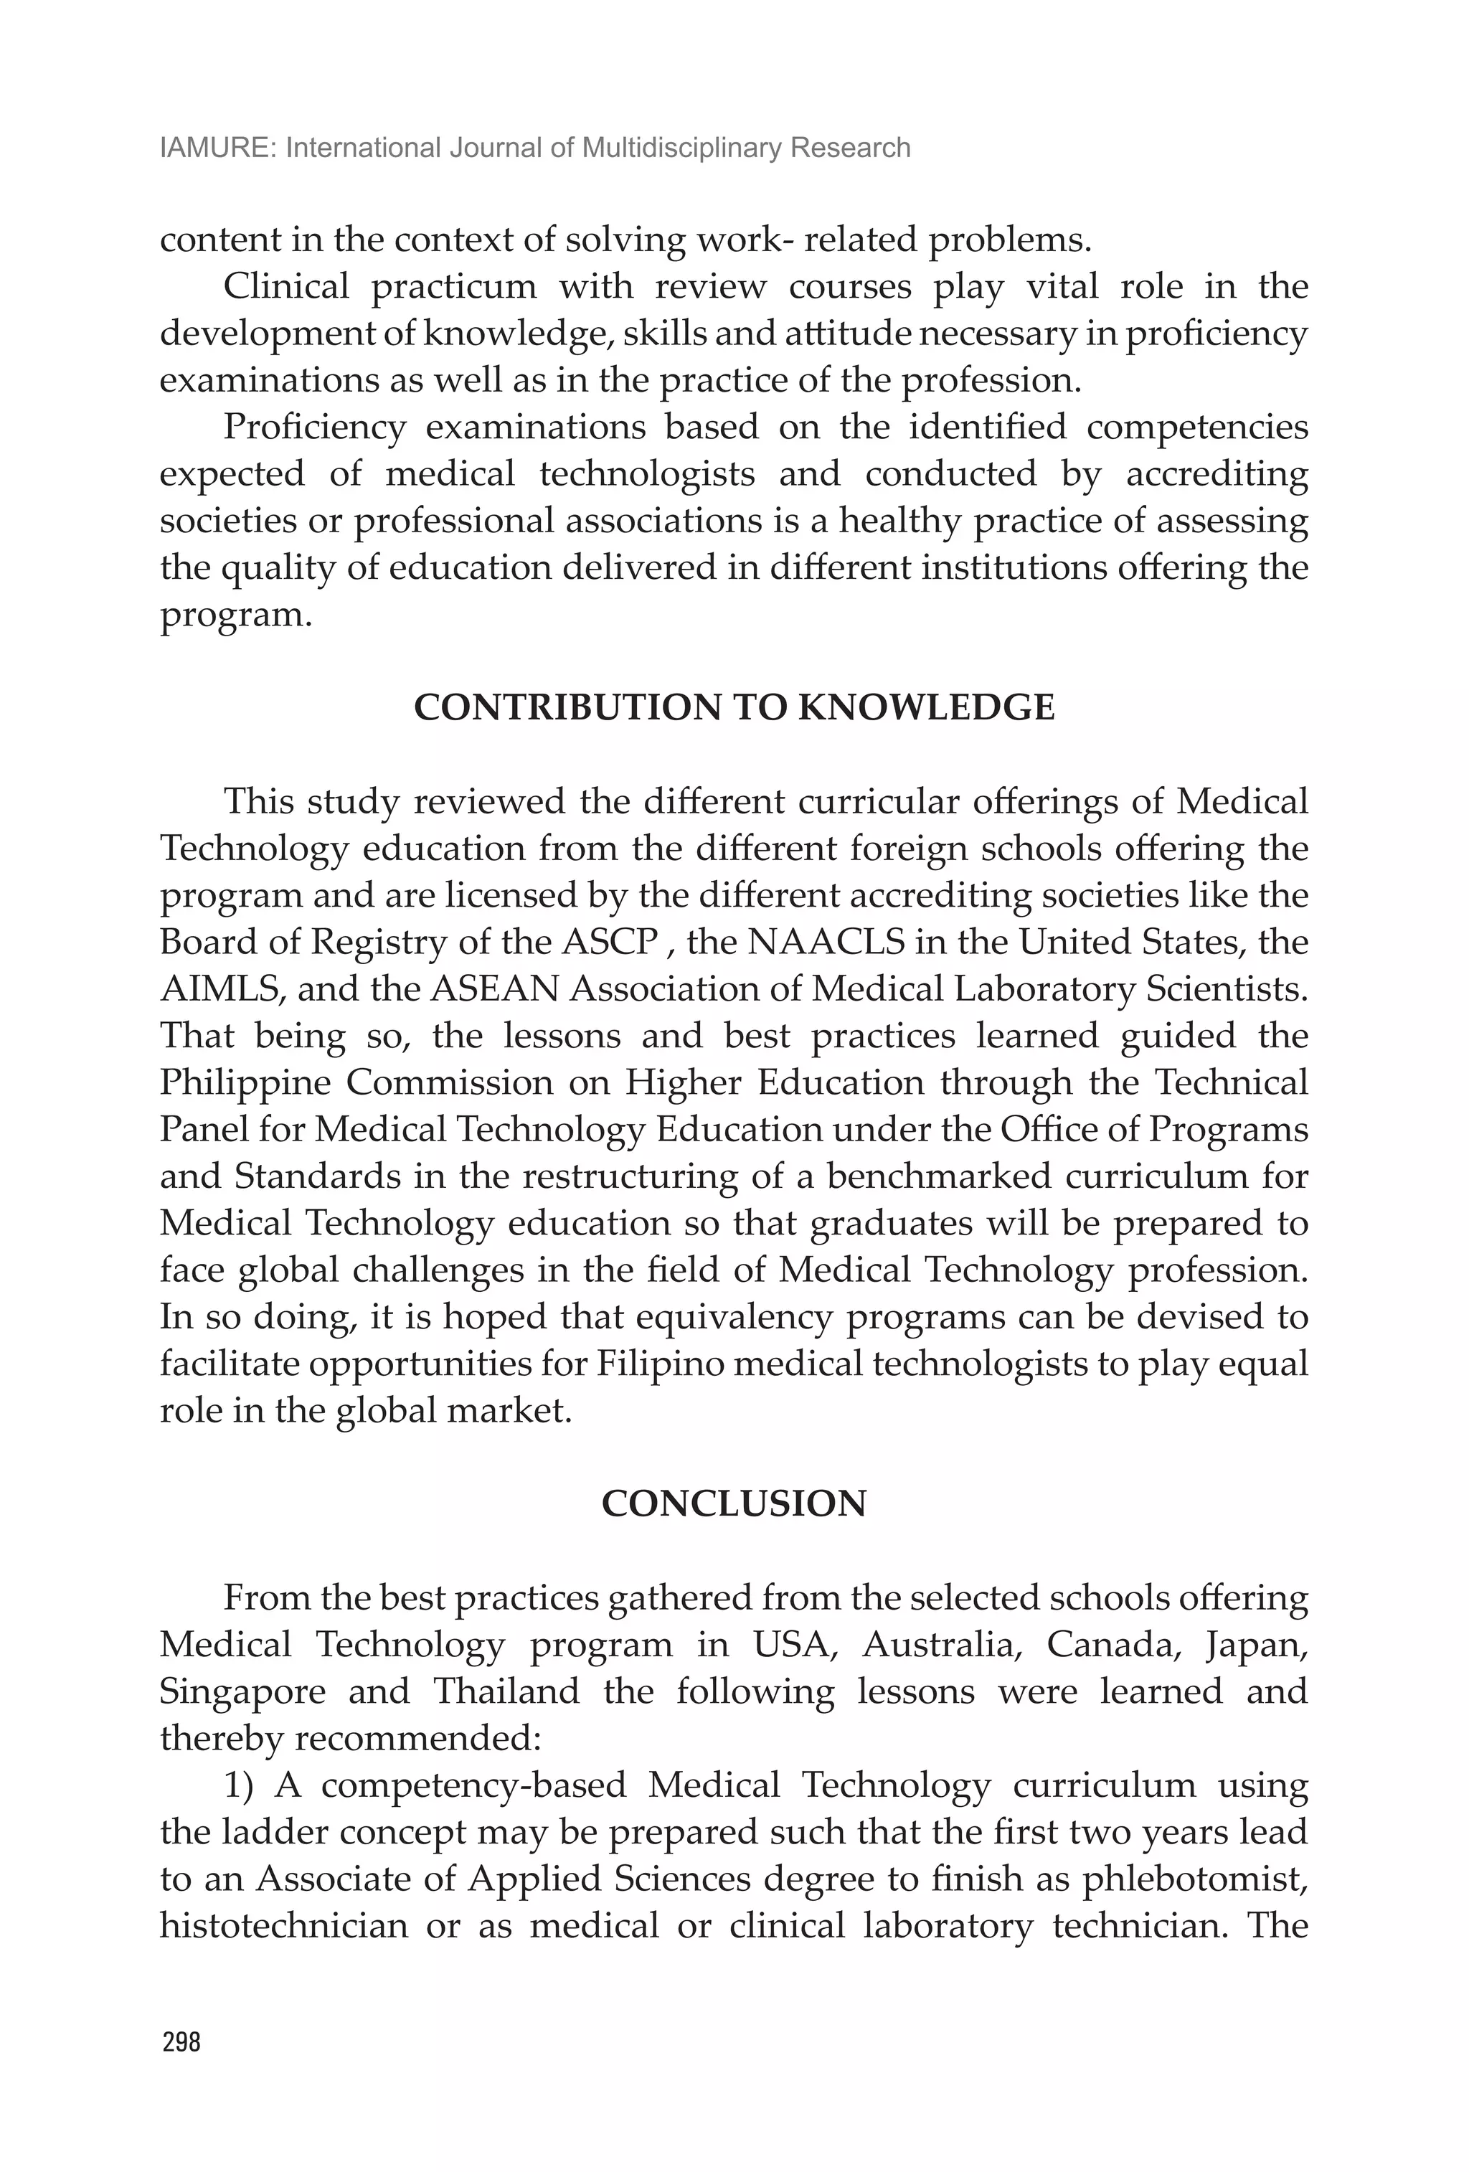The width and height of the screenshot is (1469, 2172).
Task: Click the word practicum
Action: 453,287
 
